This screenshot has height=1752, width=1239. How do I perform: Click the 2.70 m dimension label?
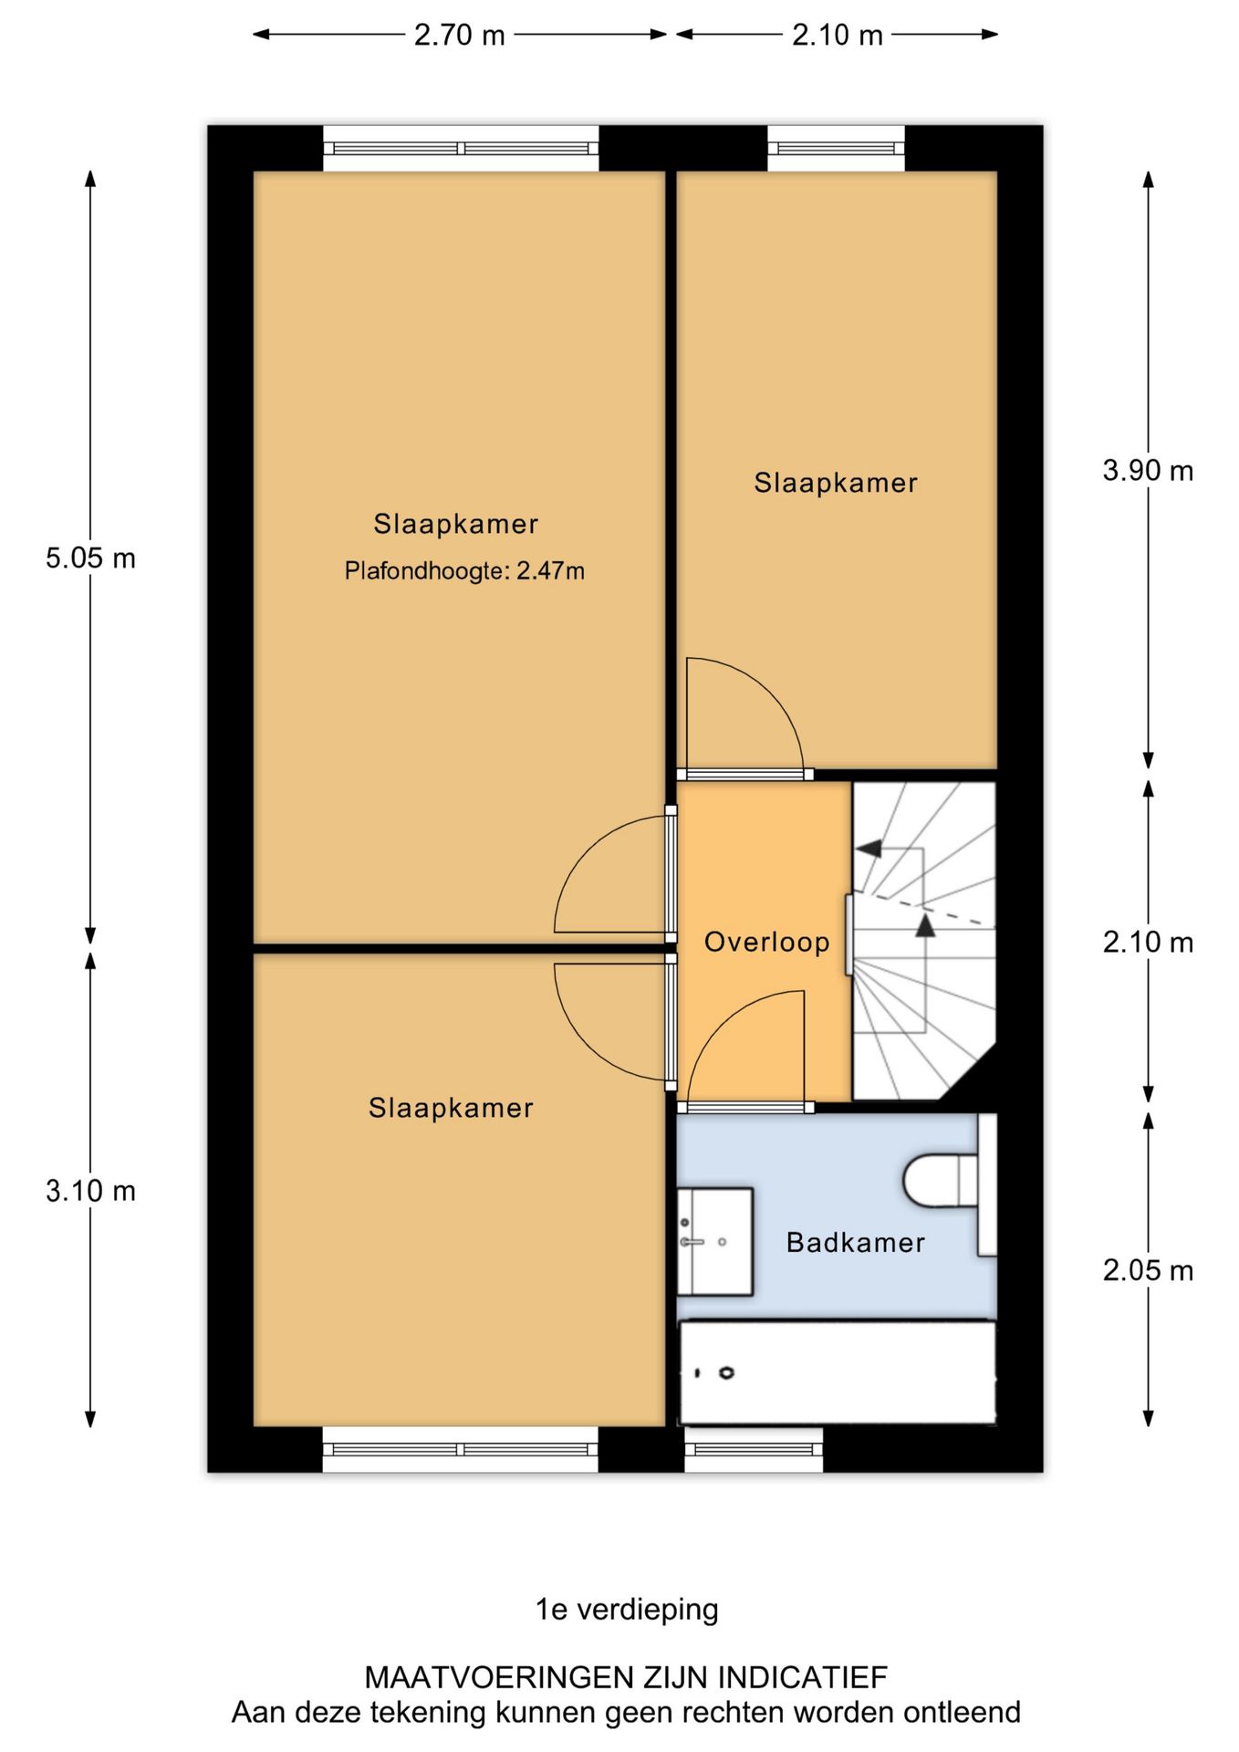[x=459, y=35]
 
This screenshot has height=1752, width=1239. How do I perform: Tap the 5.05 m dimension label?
[x=90, y=558]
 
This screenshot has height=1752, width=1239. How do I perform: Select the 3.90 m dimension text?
[x=1148, y=471]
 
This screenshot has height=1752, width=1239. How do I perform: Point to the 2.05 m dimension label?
[x=1148, y=1270]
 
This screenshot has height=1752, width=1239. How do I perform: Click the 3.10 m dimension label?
[x=90, y=1191]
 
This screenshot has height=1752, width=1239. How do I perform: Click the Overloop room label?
[x=766, y=942]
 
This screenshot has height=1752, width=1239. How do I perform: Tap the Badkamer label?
[x=856, y=1242]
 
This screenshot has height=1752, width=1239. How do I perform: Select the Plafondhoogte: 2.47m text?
[x=464, y=571]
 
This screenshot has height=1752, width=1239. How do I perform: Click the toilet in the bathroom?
[x=949, y=1184]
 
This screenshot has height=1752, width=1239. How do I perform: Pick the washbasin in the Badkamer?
[x=715, y=1241]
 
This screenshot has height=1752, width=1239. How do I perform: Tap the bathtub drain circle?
[x=726, y=1372]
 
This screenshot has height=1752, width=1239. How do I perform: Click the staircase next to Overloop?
[x=923, y=941]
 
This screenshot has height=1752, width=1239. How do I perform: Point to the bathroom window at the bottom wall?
[x=754, y=1449]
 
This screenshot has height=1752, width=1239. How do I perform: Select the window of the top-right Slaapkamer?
[x=836, y=148]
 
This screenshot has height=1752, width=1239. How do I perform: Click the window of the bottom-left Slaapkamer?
[x=461, y=1449]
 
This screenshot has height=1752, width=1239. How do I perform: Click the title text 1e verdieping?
[x=627, y=1609]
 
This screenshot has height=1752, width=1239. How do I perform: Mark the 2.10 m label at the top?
[x=837, y=35]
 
